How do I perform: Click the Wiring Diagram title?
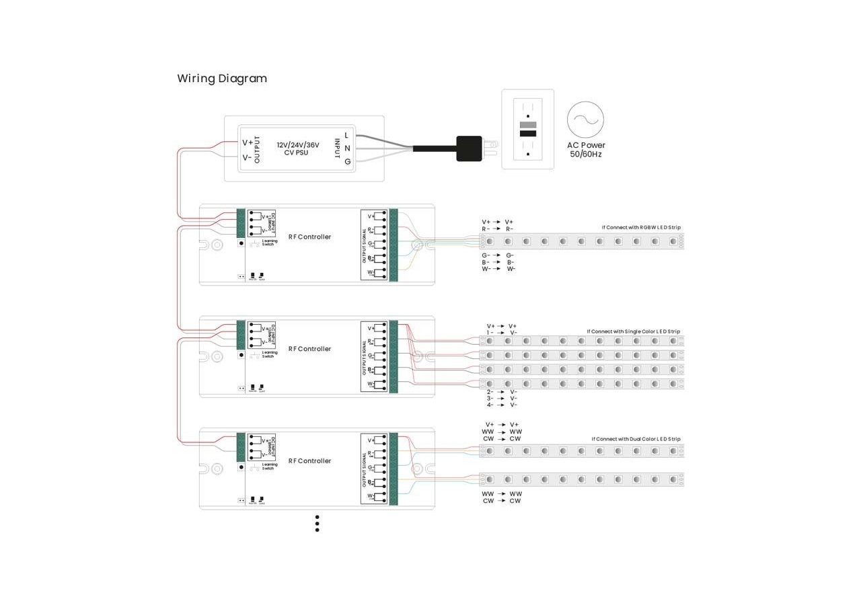coord(222,79)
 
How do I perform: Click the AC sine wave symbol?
coord(585,120)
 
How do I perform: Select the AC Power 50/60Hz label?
coord(585,149)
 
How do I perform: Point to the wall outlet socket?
coord(528,129)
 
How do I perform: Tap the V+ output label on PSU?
coord(247,143)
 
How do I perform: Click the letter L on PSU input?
coord(347,135)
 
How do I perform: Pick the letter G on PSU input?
coord(347,161)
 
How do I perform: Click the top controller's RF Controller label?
coord(309,237)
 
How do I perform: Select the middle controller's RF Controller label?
coord(309,349)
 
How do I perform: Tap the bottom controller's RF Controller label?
coord(309,461)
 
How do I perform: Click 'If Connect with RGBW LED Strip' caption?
coord(641,227)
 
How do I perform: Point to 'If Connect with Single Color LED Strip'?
coord(633,331)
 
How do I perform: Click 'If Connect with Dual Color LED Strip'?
coord(636,439)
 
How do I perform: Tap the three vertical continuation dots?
coord(317,524)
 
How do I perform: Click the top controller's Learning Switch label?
coord(269,243)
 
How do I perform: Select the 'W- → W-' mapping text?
coord(498,269)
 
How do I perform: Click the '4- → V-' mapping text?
coord(502,405)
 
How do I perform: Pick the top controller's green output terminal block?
coord(394,245)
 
